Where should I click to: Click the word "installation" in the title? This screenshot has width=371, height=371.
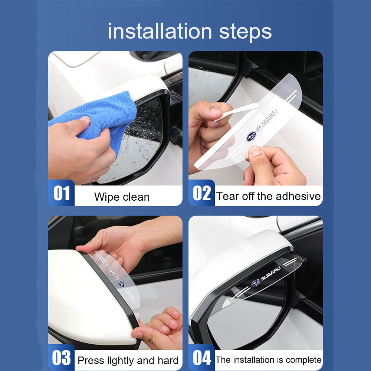[x=160, y=31]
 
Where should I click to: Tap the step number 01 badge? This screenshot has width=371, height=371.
[x=61, y=193]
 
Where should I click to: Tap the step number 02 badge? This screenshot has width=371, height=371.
[x=201, y=193]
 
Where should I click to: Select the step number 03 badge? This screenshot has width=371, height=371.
[x=61, y=358]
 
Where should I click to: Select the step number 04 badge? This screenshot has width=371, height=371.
[x=201, y=358]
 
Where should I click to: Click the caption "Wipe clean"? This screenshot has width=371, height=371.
[x=122, y=197]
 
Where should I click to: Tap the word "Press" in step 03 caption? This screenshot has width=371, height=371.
[x=91, y=361]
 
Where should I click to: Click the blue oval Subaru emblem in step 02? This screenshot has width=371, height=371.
[x=251, y=137]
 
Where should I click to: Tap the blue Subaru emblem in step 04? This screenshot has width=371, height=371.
[x=256, y=283]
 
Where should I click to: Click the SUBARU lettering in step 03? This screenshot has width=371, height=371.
[x=112, y=272]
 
